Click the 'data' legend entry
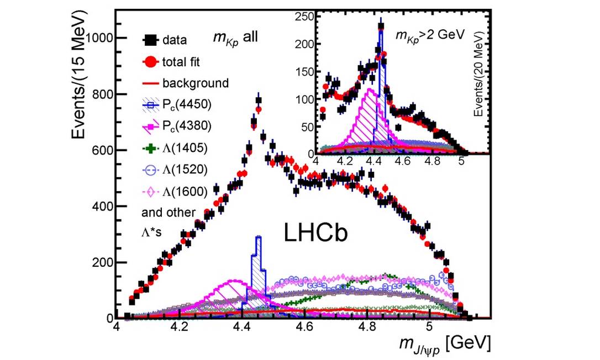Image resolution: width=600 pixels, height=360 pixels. click(174, 40)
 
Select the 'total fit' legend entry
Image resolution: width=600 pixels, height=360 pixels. click(182, 61)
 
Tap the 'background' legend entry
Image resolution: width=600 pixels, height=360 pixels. click(195, 83)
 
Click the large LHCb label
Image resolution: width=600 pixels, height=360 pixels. click(316, 233)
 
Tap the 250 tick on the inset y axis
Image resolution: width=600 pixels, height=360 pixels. click(305, 17)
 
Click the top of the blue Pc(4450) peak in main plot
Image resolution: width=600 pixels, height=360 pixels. click(257, 237)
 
